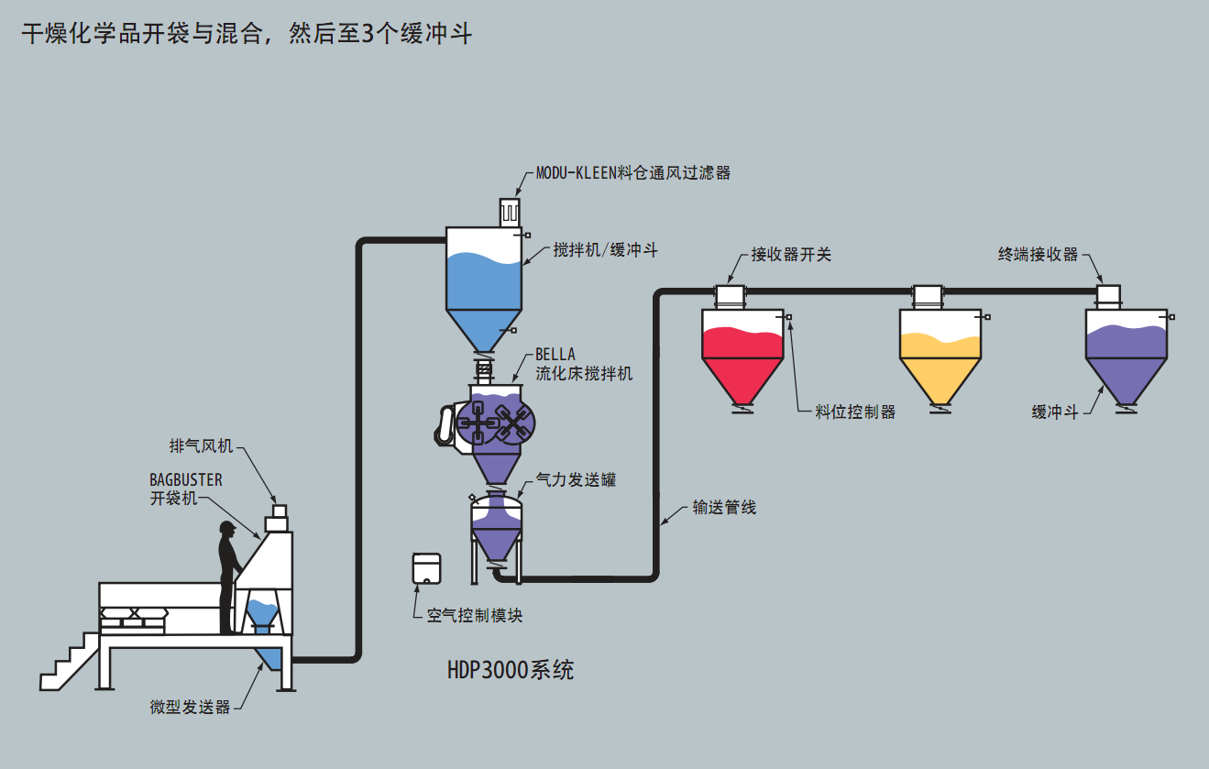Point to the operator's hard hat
pyautogui.click(x=226, y=527)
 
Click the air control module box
pyautogui.click(x=425, y=568)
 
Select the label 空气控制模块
pyautogui.click(x=475, y=616)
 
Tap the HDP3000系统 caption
pyautogui.click(x=511, y=670)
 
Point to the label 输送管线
pyautogui.click(x=724, y=507)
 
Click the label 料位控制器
pyautogui.click(x=855, y=412)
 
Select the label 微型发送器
pyautogui.click(x=190, y=707)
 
